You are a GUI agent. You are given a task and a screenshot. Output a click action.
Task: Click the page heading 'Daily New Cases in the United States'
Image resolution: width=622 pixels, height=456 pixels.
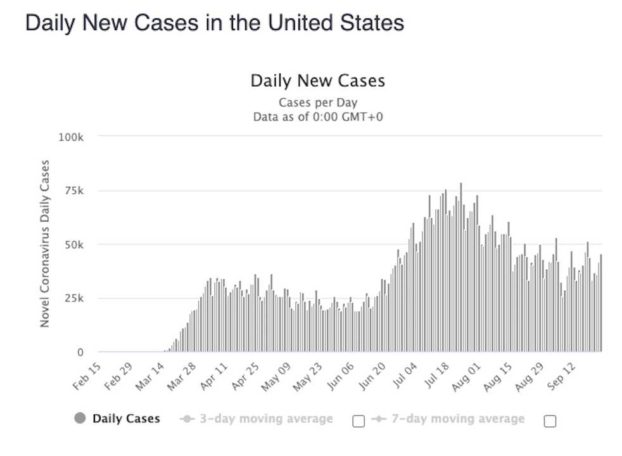point(214,23)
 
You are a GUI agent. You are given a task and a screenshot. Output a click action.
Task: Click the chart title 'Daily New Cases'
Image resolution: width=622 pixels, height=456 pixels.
point(317,81)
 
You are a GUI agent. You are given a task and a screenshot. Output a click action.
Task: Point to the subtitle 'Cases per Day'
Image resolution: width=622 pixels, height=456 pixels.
point(317,103)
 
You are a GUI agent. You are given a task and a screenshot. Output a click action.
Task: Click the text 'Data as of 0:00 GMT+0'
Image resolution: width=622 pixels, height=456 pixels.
point(317,117)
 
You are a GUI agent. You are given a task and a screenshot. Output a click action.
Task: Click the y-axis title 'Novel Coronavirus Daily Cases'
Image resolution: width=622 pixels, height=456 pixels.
point(45,244)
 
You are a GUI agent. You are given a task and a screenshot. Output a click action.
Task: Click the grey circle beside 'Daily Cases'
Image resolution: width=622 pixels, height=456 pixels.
point(80,419)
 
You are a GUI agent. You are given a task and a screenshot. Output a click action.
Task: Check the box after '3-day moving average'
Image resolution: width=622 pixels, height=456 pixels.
point(359,421)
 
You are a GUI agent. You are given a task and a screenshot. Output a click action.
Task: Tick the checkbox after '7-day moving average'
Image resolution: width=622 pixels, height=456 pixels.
point(550,421)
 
